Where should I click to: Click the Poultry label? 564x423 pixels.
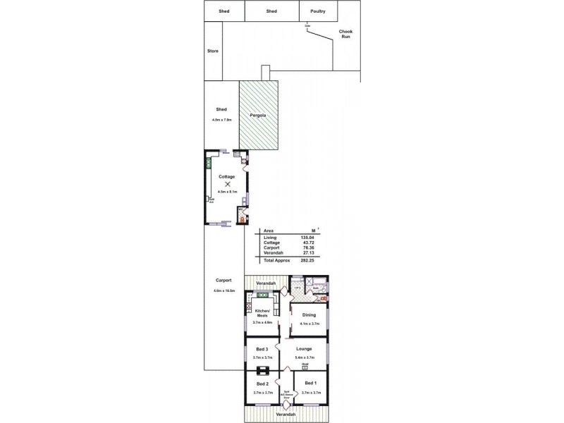[317, 11]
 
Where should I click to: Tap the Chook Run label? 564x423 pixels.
[345, 33]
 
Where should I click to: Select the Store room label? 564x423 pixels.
[212, 51]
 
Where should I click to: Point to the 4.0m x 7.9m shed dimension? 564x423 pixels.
[221, 120]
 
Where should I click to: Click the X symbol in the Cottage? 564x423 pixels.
[228, 183]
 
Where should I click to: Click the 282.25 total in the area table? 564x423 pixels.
[306, 260]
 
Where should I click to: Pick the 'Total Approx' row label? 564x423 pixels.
[276, 260]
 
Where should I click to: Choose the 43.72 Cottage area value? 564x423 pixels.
[307, 243]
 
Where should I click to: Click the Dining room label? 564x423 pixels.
[309, 314]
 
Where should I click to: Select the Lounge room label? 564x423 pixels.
[305, 348]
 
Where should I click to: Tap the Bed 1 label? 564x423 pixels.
[311, 384]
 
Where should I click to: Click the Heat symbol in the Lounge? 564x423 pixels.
[305, 367]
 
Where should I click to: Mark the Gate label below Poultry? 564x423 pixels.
[307, 26]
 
